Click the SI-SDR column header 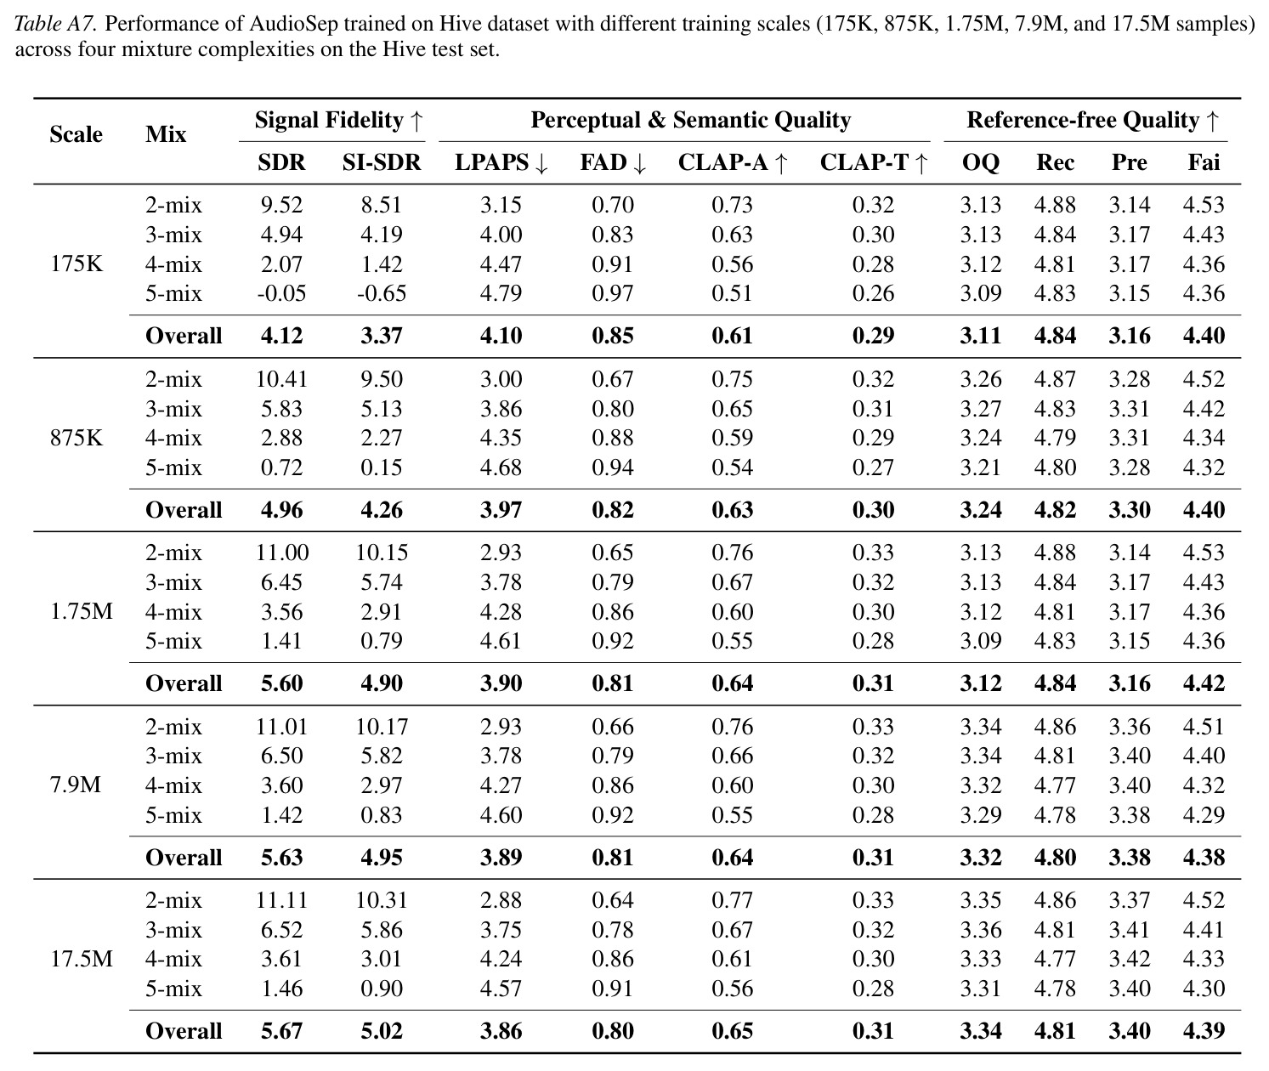click(x=381, y=162)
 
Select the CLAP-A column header click(x=733, y=162)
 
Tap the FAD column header click(x=613, y=162)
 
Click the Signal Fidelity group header click(x=338, y=120)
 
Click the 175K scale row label click(x=76, y=263)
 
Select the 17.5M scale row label click(x=82, y=959)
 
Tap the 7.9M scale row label click(x=76, y=785)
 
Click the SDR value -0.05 click(x=281, y=293)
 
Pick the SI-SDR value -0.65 click(x=381, y=293)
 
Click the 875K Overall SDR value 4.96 click(x=281, y=509)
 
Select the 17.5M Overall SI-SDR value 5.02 click(x=381, y=1031)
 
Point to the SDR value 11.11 click(x=281, y=899)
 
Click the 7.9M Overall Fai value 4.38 click(x=1204, y=857)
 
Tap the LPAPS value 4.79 click(x=501, y=293)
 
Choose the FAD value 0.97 click(x=613, y=293)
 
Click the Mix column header click(x=165, y=134)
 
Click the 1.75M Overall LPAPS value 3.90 click(x=501, y=683)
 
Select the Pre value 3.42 click(x=1130, y=959)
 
